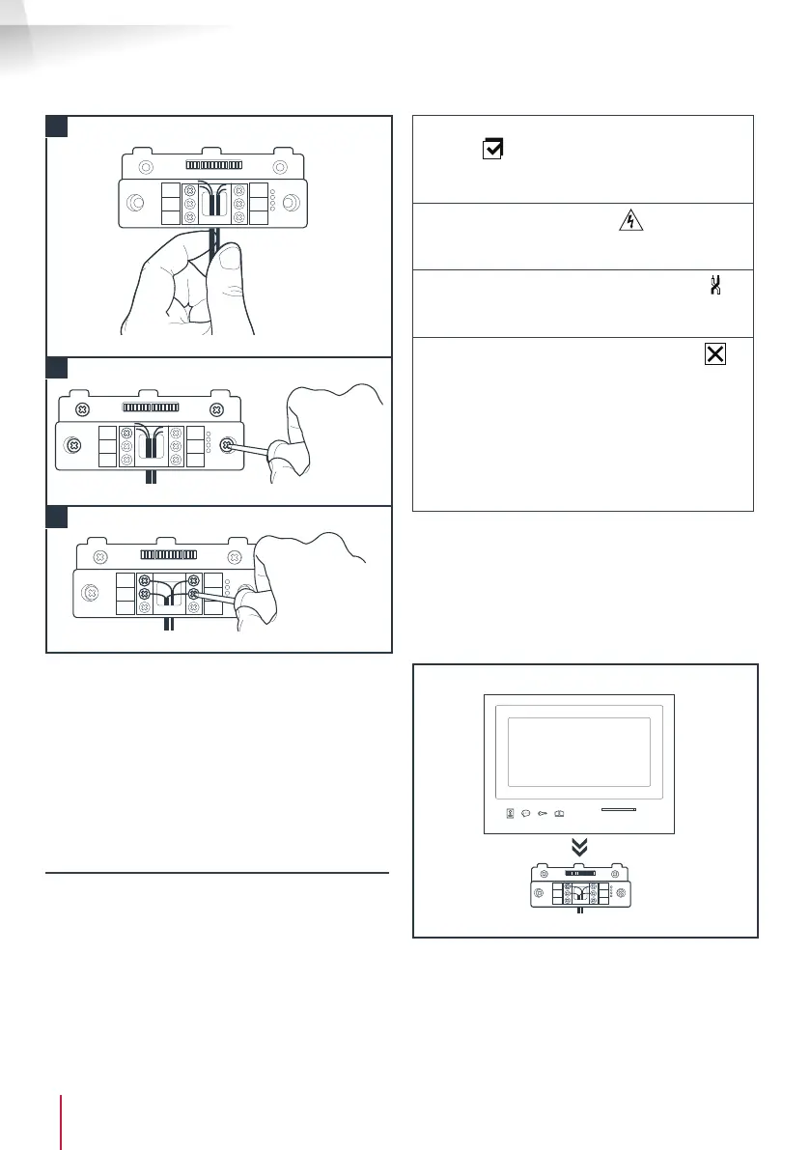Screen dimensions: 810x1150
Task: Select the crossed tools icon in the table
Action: click(715, 287)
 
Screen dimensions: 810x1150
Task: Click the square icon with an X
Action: click(714, 354)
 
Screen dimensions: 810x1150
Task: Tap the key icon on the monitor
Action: click(545, 815)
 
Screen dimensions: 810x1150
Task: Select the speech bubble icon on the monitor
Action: click(528, 815)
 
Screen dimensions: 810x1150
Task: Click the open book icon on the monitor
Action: click(561, 815)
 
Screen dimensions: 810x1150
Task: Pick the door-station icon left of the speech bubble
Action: click(512, 815)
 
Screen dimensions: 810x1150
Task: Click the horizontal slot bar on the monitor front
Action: click(617, 811)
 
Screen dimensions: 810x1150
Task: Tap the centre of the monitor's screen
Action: click(576, 753)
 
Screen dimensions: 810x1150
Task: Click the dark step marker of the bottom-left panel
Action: click(56, 517)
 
